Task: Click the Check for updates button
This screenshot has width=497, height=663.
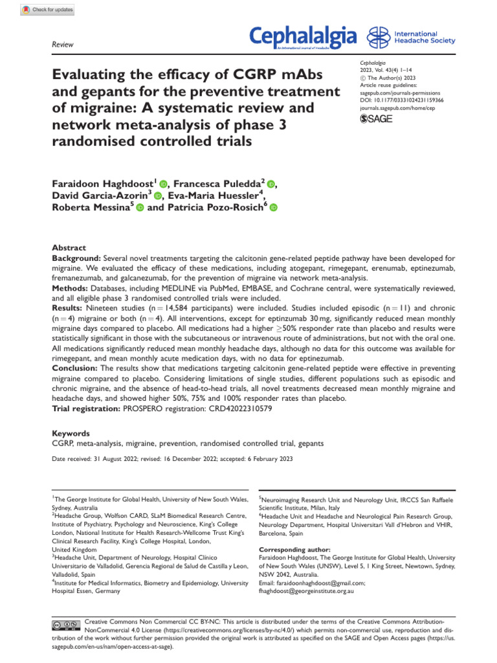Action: pos(47,10)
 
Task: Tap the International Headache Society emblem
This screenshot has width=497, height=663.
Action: pos(379,38)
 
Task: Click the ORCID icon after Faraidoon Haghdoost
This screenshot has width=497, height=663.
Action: pos(162,185)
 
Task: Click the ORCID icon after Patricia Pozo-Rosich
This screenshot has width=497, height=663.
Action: pos(272,208)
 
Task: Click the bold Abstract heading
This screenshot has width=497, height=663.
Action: pos(69,247)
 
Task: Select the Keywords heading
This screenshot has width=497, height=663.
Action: pos(71,433)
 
